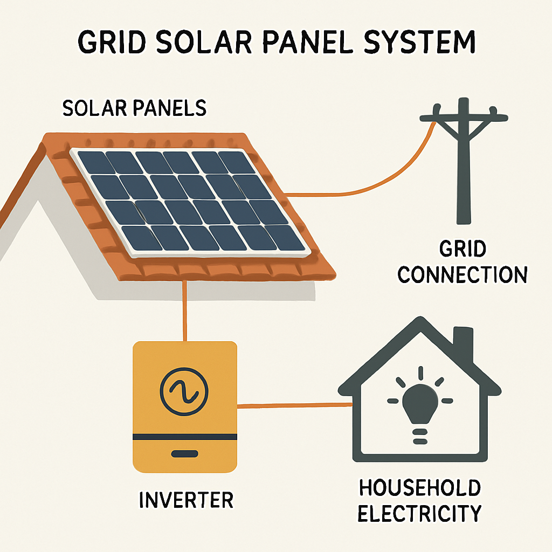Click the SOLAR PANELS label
coord(134,108)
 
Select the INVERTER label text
coord(186,499)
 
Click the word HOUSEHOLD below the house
coord(419,488)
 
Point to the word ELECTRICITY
coord(419,513)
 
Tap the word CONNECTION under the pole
coord(462,275)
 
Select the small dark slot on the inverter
coord(184,454)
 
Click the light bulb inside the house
coord(419,402)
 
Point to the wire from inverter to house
coord(291,405)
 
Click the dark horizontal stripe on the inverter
coord(184,436)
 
